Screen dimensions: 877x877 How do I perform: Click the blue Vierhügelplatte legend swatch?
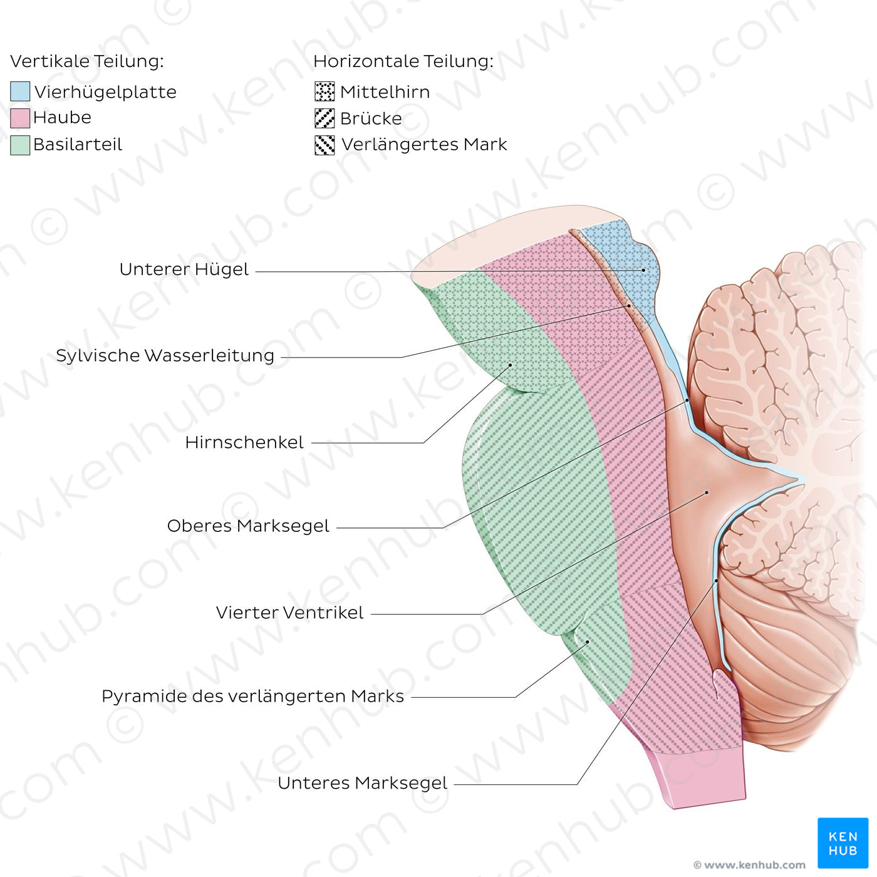pyautogui.click(x=20, y=91)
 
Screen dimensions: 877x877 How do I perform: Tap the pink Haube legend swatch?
pyautogui.click(x=20, y=118)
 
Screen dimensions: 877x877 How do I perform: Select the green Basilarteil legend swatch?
pyautogui.click(x=20, y=145)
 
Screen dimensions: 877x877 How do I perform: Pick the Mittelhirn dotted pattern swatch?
pyautogui.click(x=324, y=91)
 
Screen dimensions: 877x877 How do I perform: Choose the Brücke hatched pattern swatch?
pyautogui.click(x=324, y=118)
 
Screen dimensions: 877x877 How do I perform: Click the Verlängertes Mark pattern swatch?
pyautogui.click(x=324, y=145)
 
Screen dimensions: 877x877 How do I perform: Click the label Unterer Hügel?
pyautogui.click(x=184, y=269)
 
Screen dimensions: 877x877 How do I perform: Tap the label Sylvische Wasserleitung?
pyautogui.click(x=165, y=355)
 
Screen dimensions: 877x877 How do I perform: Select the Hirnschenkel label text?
pyautogui.click(x=244, y=442)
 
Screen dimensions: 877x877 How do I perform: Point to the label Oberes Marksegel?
pyautogui.click(x=248, y=526)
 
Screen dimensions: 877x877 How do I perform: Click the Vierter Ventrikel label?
pyautogui.click(x=290, y=613)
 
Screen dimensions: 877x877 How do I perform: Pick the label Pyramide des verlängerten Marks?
pyautogui.click(x=252, y=697)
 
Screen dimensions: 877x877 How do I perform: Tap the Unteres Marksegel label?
pyautogui.click(x=363, y=783)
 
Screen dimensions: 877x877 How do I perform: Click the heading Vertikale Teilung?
pyautogui.click(x=87, y=61)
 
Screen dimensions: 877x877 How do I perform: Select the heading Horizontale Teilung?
pyautogui.click(x=403, y=61)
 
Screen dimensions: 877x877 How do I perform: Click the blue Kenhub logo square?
pyautogui.click(x=843, y=843)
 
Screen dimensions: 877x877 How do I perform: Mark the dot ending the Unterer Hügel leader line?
pyautogui.click(x=643, y=270)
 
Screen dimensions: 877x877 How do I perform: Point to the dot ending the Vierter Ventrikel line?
pyautogui.click(x=707, y=492)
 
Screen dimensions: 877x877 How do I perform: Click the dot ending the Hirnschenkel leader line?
pyautogui.click(x=510, y=365)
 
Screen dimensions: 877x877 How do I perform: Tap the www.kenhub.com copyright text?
pyautogui.click(x=750, y=864)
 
